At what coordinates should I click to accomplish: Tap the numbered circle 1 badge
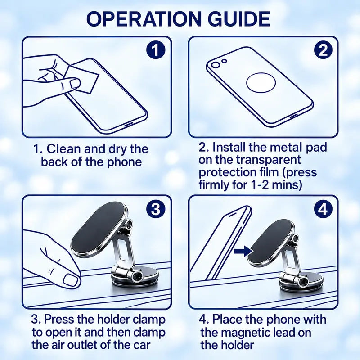tap(156, 50)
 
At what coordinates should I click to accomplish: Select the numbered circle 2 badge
tap(323, 50)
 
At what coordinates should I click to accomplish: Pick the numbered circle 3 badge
tap(156, 209)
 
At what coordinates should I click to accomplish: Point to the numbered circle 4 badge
tap(323, 209)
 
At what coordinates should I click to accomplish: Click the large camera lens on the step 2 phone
tap(216, 65)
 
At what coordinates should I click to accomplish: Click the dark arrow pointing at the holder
tap(243, 251)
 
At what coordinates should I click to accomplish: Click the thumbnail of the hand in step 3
tap(72, 279)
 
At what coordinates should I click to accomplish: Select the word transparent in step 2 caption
tap(268, 160)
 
